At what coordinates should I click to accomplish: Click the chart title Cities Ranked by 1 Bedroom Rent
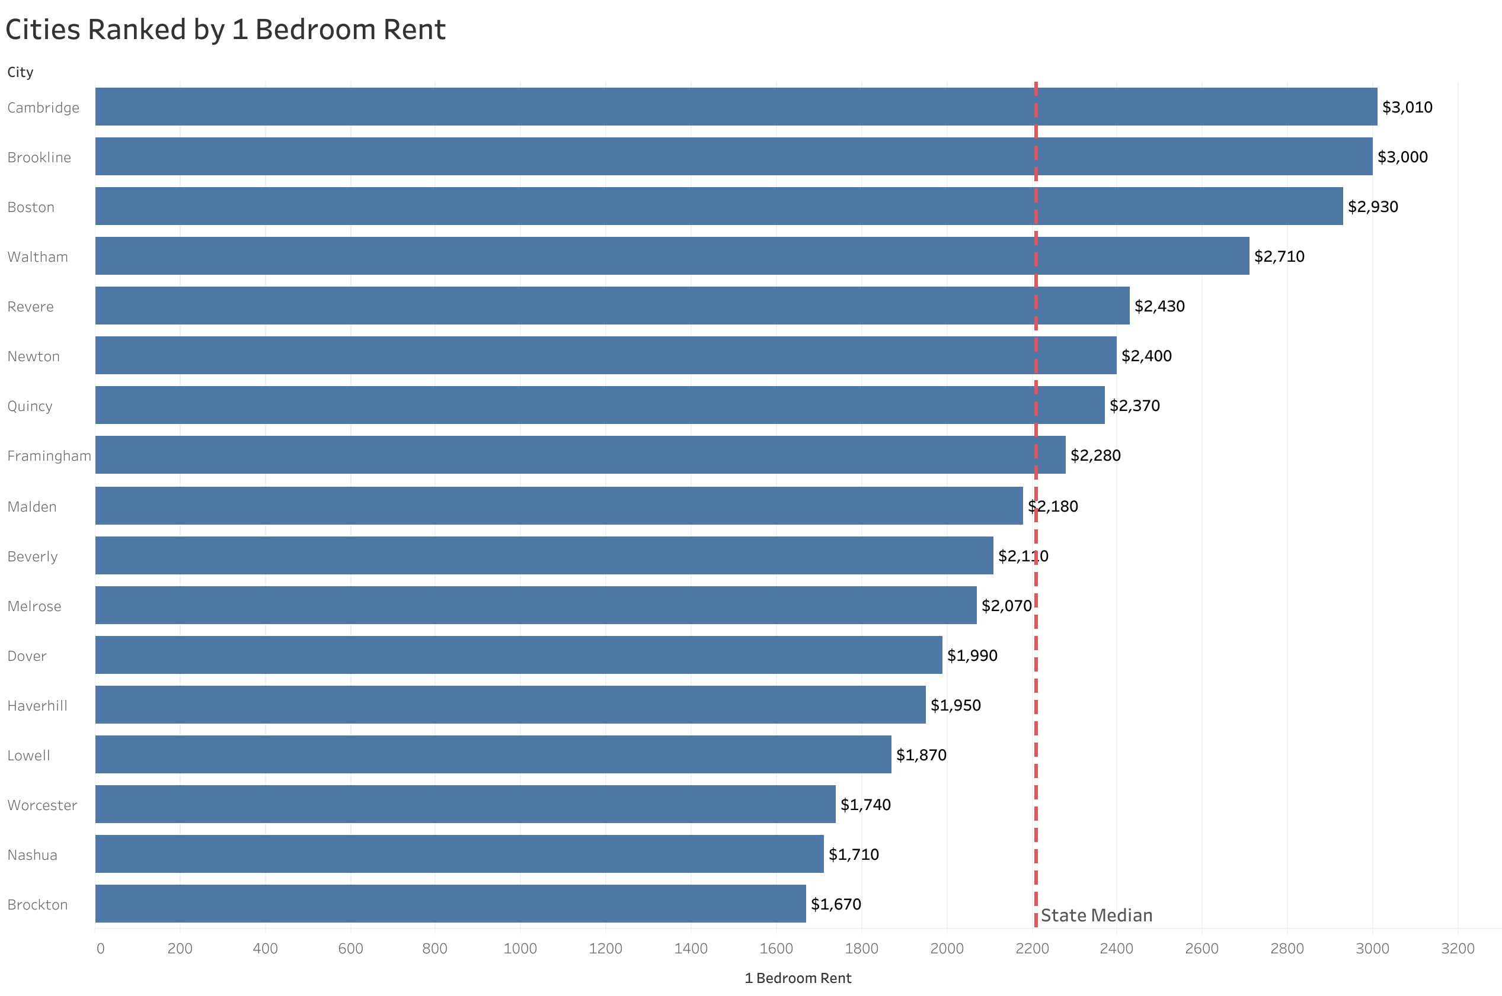pyautogui.click(x=225, y=30)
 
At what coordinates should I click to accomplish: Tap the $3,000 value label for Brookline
pyautogui.click(x=1402, y=157)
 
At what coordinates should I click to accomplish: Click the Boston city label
pyautogui.click(x=30, y=207)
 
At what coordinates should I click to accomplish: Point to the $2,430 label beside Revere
pyautogui.click(x=1159, y=306)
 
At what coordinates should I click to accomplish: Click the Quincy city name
pyautogui.click(x=30, y=406)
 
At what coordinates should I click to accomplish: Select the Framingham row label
pyautogui.click(x=49, y=456)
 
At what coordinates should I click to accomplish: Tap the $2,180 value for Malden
pyautogui.click(x=1053, y=506)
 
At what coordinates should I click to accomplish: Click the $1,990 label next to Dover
pyautogui.click(x=971, y=656)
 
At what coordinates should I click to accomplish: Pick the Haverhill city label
pyautogui.click(x=37, y=706)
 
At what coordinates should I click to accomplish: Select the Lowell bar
pyautogui.click(x=493, y=754)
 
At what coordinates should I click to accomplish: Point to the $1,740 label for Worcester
pyautogui.click(x=864, y=805)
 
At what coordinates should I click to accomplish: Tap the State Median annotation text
pyautogui.click(x=1096, y=915)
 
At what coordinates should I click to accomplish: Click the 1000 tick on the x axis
pyautogui.click(x=520, y=949)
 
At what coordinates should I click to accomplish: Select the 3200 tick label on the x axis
pyautogui.click(x=1457, y=949)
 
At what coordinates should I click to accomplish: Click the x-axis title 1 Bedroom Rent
pyautogui.click(x=797, y=978)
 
